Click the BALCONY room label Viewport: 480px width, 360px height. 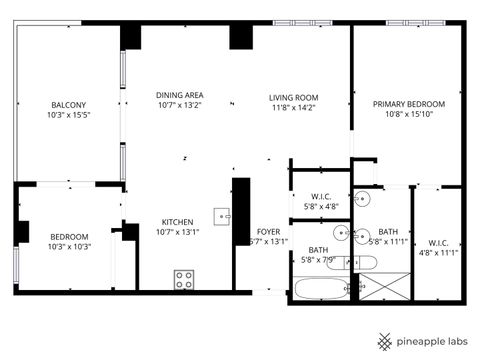pos(69,105)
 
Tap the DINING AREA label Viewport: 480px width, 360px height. pos(180,96)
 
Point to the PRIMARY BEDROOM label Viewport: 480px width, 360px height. pos(409,104)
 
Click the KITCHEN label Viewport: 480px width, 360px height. pos(179,222)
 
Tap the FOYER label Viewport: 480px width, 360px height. pos(268,231)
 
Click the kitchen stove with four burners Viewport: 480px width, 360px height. pos(184,280)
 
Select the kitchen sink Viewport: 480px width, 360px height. pos(223,215)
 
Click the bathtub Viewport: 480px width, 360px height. pos(319,290)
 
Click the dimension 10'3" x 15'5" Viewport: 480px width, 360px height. pos(69,116)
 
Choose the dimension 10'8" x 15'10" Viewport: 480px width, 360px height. pos(409,115)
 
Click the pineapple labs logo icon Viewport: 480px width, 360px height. pos(385,340)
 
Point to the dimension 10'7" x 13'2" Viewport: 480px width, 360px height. pos(180,107)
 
